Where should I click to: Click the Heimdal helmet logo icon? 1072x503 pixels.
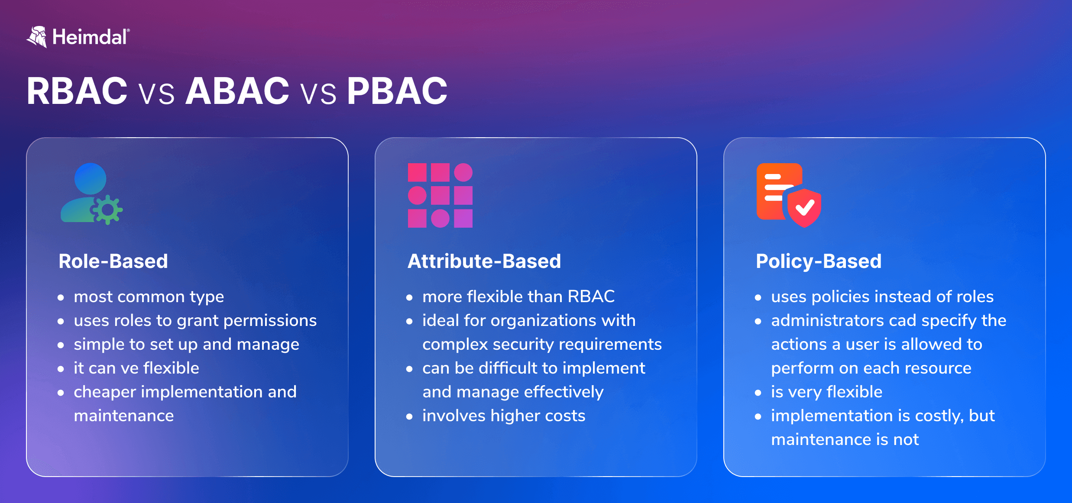(x=37, y=37)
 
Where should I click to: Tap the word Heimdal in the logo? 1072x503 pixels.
(x=89, y=37)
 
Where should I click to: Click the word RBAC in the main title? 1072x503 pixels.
(x=77, y=91)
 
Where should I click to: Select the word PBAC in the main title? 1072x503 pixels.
(x=397, y=91)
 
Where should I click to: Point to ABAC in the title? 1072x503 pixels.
(x=237, y=91)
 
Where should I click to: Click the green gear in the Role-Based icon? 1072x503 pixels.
(x=107, y=210)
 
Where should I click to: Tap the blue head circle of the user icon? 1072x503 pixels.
(x=90, y=178)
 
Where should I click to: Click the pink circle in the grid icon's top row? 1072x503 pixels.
(x=463, y=172)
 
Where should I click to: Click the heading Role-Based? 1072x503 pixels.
(x=113, y=261)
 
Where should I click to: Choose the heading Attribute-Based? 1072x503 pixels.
(x=484, y=261)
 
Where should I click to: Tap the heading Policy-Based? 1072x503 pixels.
(x=818, y=261)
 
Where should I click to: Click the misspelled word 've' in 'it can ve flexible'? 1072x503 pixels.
(x=130, y=368)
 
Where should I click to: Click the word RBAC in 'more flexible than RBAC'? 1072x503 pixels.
(x=591, y=297)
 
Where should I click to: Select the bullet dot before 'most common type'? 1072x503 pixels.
(x=61, y=297)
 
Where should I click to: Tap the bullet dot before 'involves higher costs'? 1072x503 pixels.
(x=409, y=416)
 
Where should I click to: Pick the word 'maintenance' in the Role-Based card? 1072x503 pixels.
(x=123, y=416)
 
